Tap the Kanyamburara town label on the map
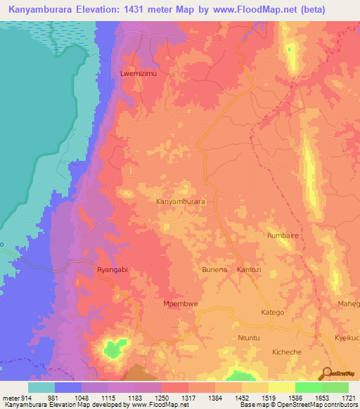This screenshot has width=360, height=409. [x=180, y=201]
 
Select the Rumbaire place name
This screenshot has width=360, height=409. [x=284, y=236]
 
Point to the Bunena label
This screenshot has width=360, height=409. [x=215, y=270]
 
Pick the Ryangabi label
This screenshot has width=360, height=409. [x=112, y=270]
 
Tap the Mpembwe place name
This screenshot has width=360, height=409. [x=179, y=304]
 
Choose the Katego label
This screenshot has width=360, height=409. [x=272, y=312]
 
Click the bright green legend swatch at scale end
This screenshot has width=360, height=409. [x=335, y=387]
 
